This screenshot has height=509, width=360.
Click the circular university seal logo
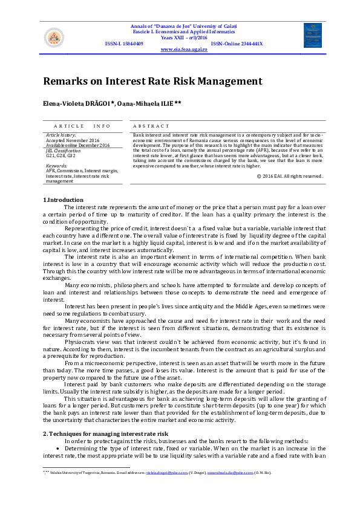[54, 38]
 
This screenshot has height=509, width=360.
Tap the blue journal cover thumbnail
[312, 36]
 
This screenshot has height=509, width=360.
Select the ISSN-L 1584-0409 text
[124, 44]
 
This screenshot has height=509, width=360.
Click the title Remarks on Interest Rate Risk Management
[152, 81]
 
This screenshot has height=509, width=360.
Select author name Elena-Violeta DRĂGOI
[83, 104]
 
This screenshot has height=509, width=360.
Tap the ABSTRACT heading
[149, 126]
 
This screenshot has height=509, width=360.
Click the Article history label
[61, 135]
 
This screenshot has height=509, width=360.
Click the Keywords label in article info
[56, 166]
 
